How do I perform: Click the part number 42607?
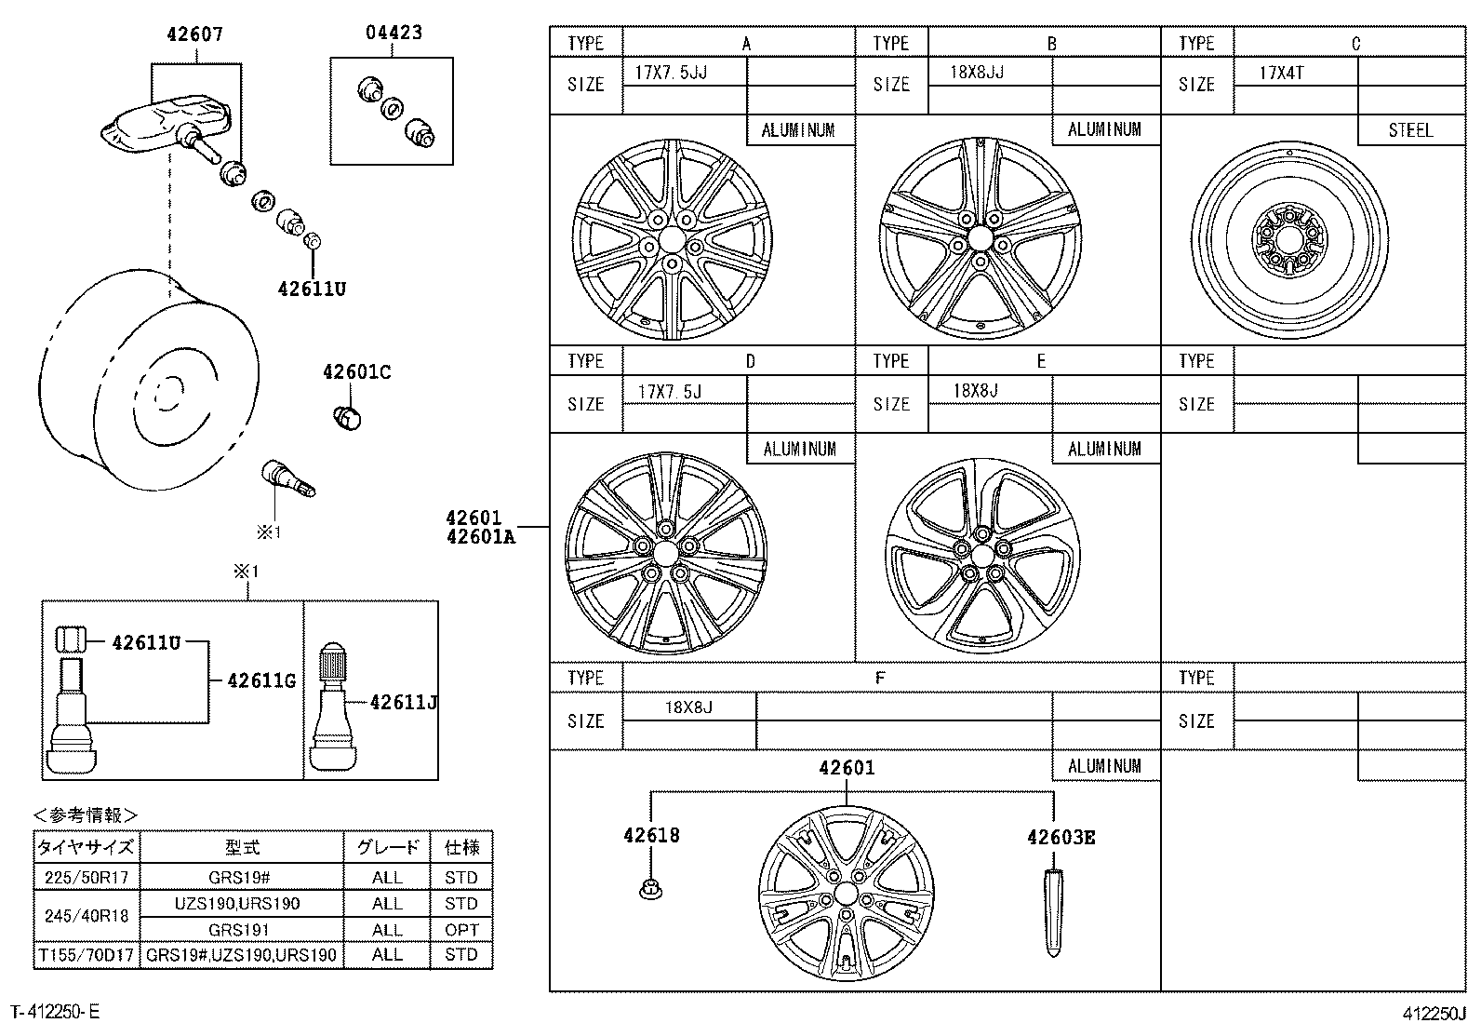(195, 34)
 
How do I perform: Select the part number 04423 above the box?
(394, 33)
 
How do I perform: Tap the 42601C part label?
(356, 372)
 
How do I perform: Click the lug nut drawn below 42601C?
(347, 418)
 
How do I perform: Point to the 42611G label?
(261, 681)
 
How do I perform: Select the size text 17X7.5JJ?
(671, 73)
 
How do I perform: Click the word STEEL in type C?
(1410, 130)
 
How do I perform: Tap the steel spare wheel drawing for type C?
(1288, 242)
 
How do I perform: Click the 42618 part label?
(651, 835)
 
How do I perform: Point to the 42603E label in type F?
(1061, 837)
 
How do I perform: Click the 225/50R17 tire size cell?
(87, 877)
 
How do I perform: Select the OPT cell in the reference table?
(461, 929)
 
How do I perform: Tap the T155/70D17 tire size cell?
(87, 954)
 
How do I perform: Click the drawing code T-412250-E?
(55, 1011)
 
